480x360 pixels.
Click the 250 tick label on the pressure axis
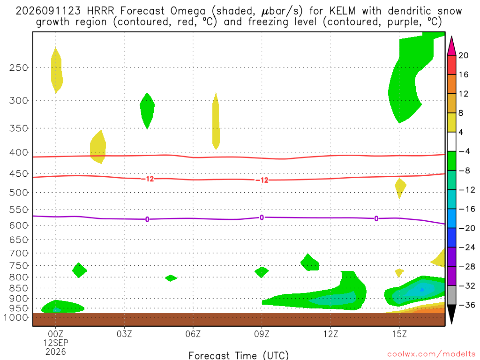coord(18,67)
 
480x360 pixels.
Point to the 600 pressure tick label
coord(18,225)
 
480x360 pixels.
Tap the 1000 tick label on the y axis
coord(16,317)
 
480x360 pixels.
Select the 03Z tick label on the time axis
coord(124,334)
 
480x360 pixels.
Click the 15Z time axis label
coord(399,334)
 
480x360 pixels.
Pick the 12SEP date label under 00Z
coord(56,343)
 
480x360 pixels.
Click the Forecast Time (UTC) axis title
coord(239,355)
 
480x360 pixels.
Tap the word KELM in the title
coord(342,11)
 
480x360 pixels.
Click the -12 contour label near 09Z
coord(262,180)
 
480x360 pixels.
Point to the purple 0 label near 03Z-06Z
coord(147,219)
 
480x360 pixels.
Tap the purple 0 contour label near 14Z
coord(376,218)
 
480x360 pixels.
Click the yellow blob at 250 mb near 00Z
coord(56,70)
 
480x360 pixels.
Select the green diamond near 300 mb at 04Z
coord(147,111)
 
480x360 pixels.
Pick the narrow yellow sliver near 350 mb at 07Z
coord(216,121)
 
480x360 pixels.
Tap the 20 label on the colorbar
coord(464,55)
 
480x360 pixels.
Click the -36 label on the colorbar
coord(467,305)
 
